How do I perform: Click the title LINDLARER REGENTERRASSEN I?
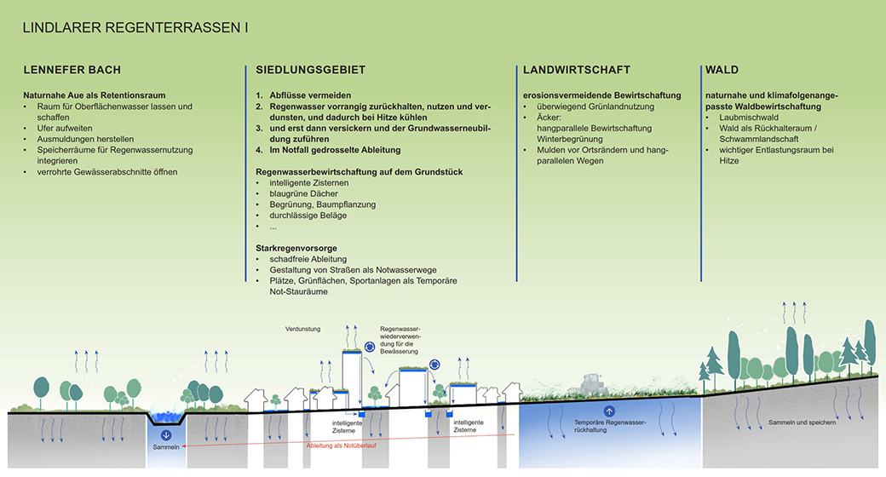coord(135,28)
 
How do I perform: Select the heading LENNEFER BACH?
coord(72,70)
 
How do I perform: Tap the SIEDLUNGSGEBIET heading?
coord(310,70)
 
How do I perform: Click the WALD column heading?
coord(722,70)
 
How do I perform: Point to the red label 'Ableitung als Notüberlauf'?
coord(340,444)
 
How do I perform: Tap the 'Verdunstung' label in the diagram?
coord(302,327)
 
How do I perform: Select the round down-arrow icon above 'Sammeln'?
coord(166,435)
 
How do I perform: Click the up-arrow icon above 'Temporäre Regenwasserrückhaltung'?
coord(609,411)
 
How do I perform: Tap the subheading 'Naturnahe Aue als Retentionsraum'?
coord(95,95)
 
